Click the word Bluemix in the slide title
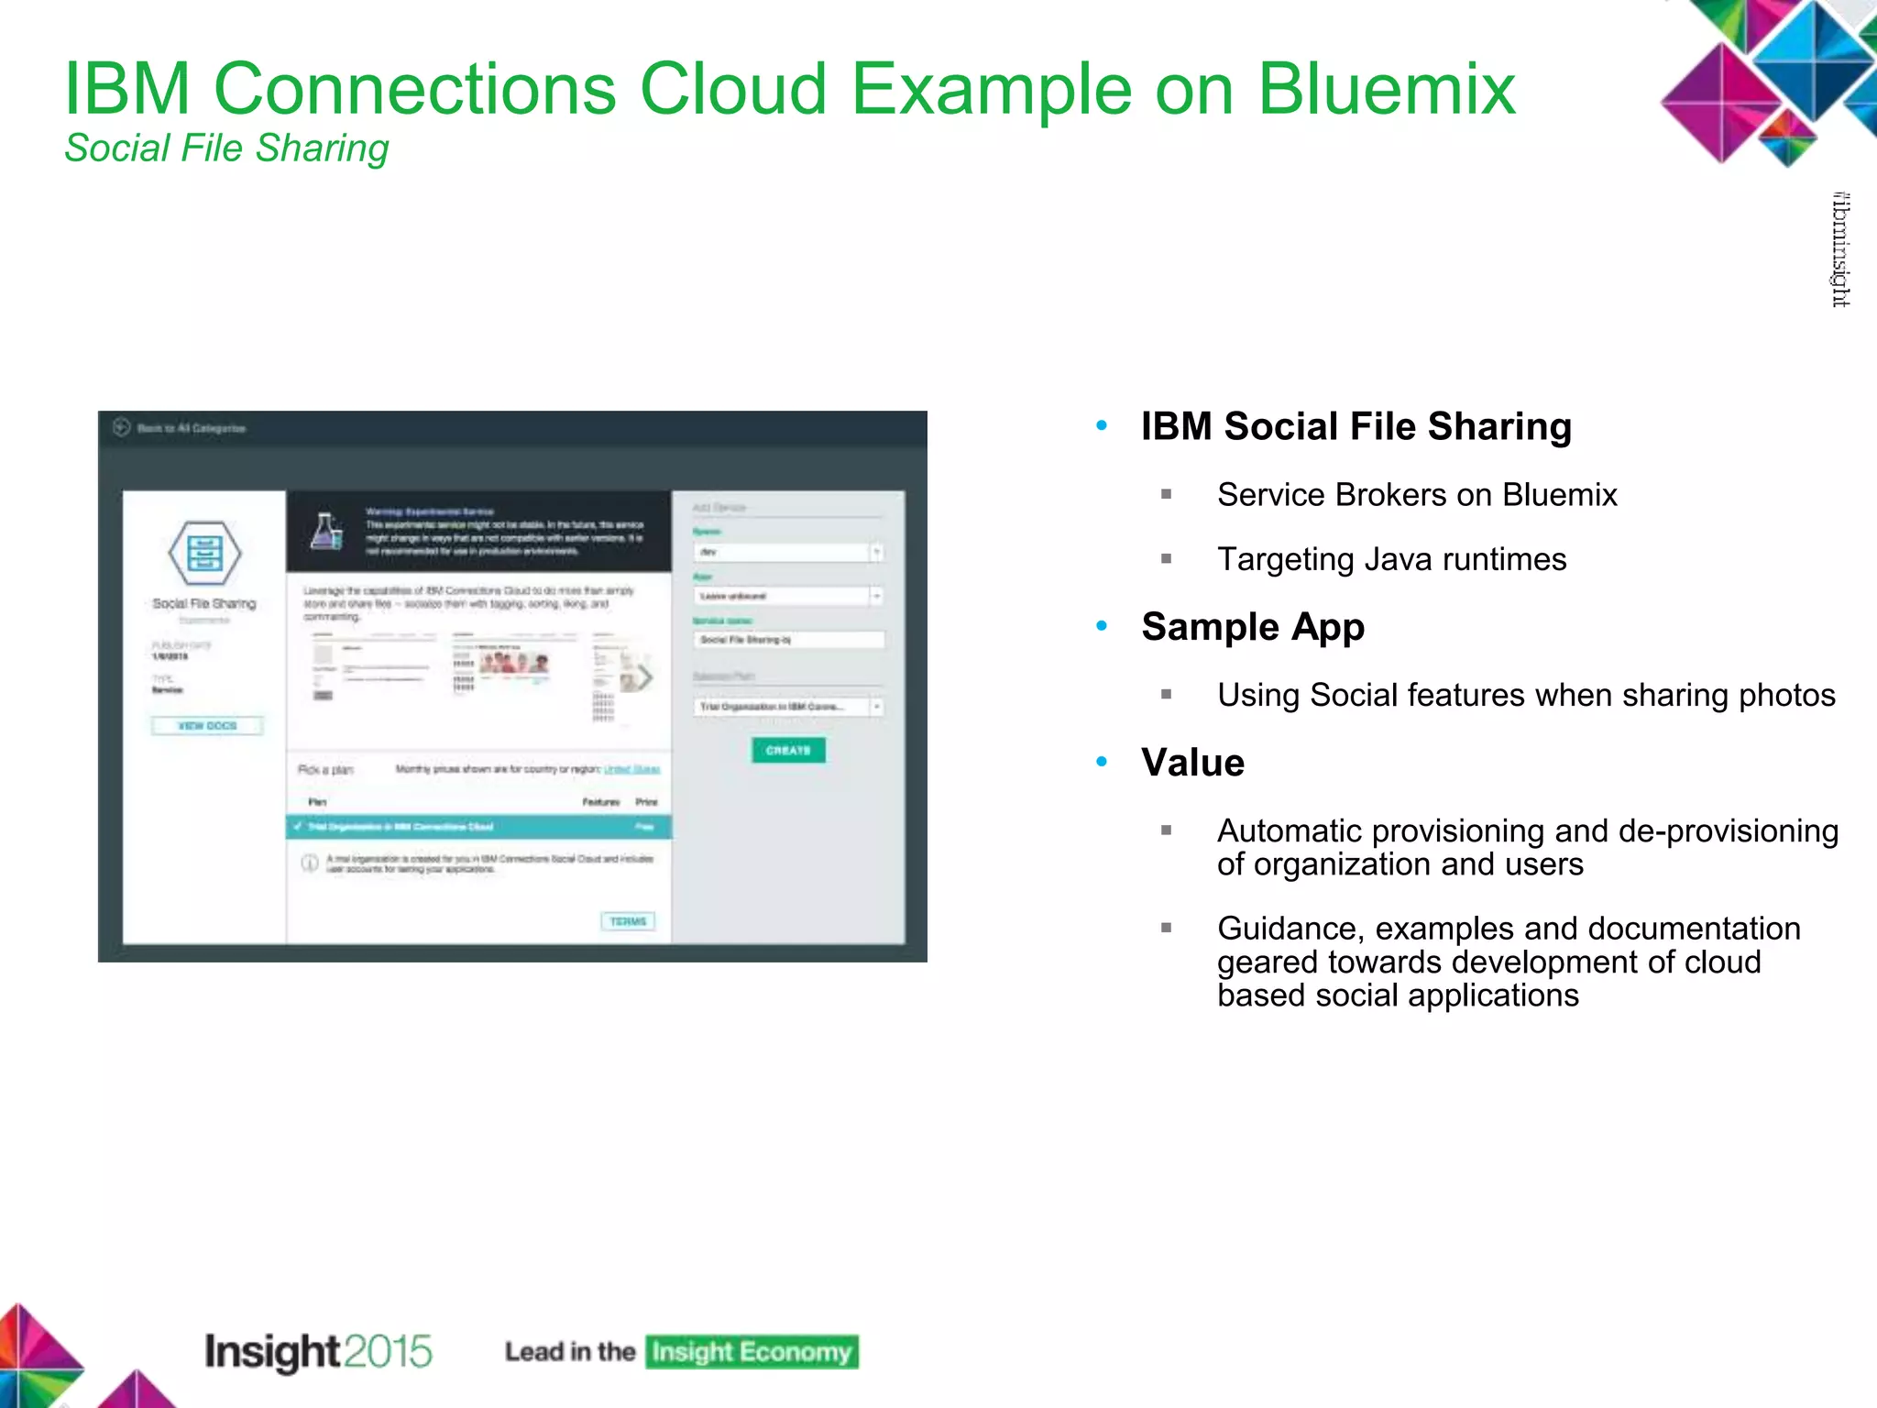(x=1387, y=89)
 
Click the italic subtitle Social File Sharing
(x=226, y=148)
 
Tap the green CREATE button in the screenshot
(x=788, y=750)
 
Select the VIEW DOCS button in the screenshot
(x=207, y=726)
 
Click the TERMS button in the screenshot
(x=628, y=921)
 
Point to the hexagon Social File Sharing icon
(x=204, y=553)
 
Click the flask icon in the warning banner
(x=326, y=532)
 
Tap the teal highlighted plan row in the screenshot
(x=478, y=827)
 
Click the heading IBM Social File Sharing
(x=1356, y=427)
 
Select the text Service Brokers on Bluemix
(x=1417, y=495)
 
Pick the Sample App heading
(x=1253, y=627)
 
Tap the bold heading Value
(x=1192, y=763)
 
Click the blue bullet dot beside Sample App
(x=1102, y=627)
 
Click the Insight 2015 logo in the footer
(x=318, y=1352)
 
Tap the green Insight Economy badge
(x=752, y=1352)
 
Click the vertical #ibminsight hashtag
(x=1840, y=249)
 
